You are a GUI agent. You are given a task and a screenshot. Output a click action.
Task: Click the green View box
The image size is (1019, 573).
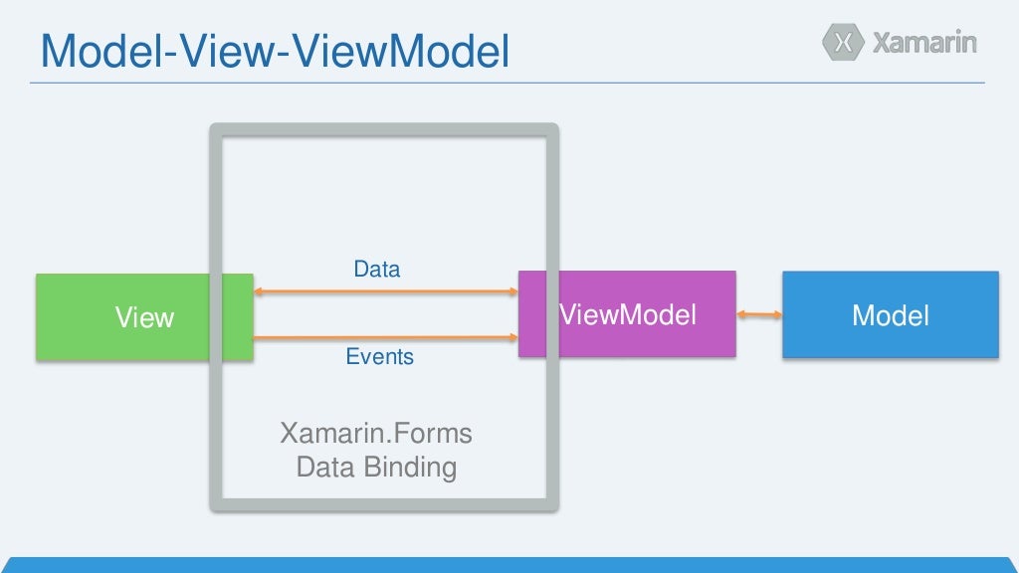point(119,316)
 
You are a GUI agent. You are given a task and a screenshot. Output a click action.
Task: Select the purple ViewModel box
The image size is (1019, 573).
point(627,314)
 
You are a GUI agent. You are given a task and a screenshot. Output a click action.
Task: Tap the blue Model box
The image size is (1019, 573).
point(890,314)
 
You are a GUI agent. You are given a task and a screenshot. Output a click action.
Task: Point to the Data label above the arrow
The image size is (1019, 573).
point(377,269)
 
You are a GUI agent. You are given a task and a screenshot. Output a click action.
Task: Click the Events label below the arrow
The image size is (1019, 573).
point(379,356)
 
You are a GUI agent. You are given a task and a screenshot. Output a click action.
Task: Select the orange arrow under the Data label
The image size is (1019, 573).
point(385,291)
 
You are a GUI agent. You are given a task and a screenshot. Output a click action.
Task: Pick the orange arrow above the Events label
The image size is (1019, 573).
point(385,338)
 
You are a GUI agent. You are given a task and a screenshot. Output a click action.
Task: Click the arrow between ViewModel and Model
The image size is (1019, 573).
point(759,314)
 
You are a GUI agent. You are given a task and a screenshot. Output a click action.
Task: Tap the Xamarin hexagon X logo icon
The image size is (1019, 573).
point(843,43)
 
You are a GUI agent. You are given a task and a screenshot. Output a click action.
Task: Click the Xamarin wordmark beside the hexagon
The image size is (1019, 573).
point(924,43)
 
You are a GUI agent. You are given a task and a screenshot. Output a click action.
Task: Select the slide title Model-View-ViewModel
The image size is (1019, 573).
point(274,52)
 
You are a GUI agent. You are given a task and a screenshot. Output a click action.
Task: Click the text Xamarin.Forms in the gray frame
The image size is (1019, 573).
point(376,434)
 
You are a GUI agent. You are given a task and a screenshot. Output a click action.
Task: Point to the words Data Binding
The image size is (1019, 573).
point(376,467)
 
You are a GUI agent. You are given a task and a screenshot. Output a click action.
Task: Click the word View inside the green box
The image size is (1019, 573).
point(144,318)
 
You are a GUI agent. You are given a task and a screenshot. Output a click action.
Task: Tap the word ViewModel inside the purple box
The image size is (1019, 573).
point(628,315)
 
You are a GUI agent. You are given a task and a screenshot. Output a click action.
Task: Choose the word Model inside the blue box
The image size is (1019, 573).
point(891,316)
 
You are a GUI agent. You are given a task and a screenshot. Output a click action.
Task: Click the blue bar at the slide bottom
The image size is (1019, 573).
point(509,565)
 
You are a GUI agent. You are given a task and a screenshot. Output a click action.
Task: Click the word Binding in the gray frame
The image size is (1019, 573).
point(410,467)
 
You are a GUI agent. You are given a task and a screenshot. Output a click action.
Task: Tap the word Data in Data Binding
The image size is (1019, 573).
point(324,467)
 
